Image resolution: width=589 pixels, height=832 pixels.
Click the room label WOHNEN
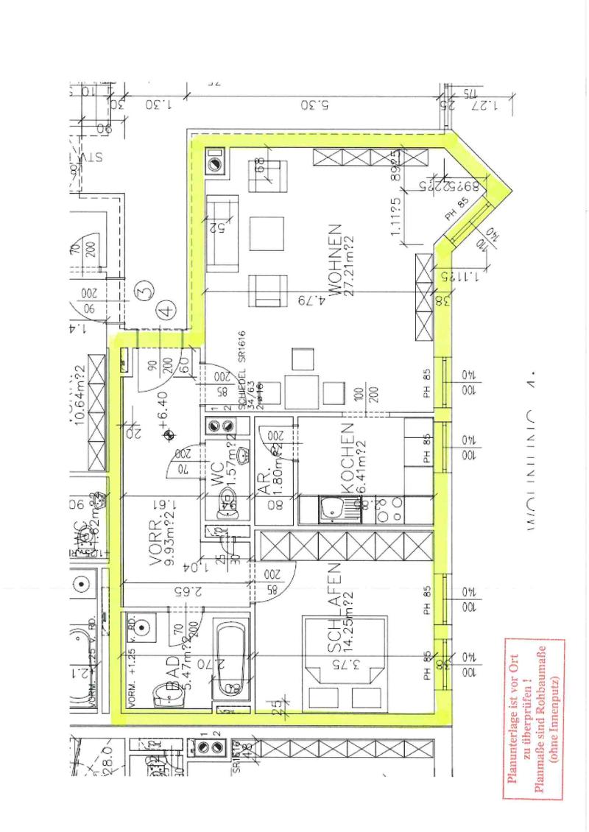tap(335, 260)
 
